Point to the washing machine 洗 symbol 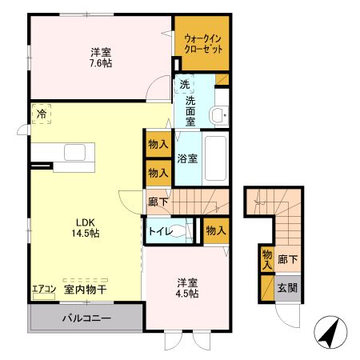pyautogui.click(x=185, y=86)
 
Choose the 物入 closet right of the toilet pyautogui.click(x=215, y=230)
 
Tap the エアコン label pyautogui.click(x=43, y=290)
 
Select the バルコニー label pyautogui.click(x=87, y=318)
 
